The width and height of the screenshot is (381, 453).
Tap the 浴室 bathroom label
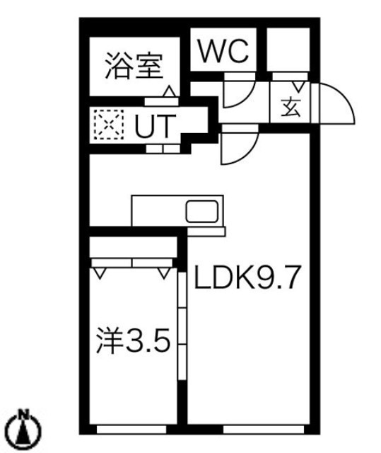134,66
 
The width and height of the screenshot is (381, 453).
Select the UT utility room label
156,126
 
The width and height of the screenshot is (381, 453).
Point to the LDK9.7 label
247,277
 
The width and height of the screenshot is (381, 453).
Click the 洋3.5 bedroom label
133,340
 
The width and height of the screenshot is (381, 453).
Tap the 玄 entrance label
291,108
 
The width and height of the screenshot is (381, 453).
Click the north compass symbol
24,430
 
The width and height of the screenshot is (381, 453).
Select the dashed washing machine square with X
109,125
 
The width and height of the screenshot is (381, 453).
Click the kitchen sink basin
201,211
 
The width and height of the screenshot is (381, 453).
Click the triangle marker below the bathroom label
170,91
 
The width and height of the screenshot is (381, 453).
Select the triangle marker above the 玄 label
298,86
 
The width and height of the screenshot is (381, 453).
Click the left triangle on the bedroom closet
100,273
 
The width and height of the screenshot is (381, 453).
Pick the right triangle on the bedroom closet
163,273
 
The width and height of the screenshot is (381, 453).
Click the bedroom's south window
131,430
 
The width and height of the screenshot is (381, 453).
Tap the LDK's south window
264,430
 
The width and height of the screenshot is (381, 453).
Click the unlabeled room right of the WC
288,49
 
